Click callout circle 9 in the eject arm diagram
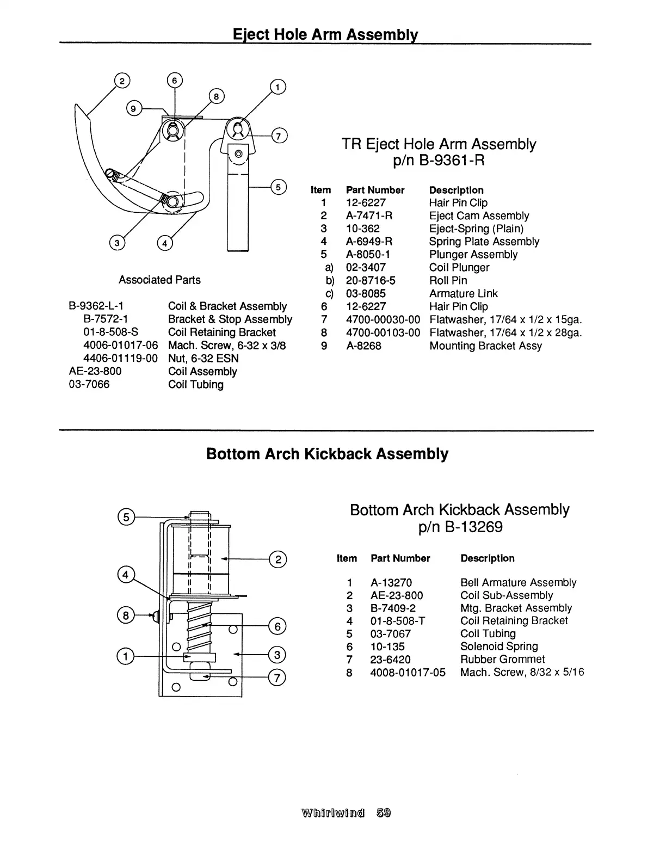point(132,108)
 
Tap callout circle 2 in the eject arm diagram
point(121,82)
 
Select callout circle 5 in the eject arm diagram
point(277,187)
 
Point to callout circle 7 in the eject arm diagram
point(278,136)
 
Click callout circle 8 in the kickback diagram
point(125,615)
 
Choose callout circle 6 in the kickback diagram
point(277,626)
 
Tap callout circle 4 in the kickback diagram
point(126,575)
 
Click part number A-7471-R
point(369,215)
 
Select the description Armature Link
point(463,293)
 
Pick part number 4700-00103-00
point(383,333)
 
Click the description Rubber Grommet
point(502,659)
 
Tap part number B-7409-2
point(393,608)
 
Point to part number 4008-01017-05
point(408,672)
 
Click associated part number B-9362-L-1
point(96,306)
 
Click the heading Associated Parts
point(159,280)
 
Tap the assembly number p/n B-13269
point(460,527)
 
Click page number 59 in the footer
point(383,813)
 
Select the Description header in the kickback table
point(487,558)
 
